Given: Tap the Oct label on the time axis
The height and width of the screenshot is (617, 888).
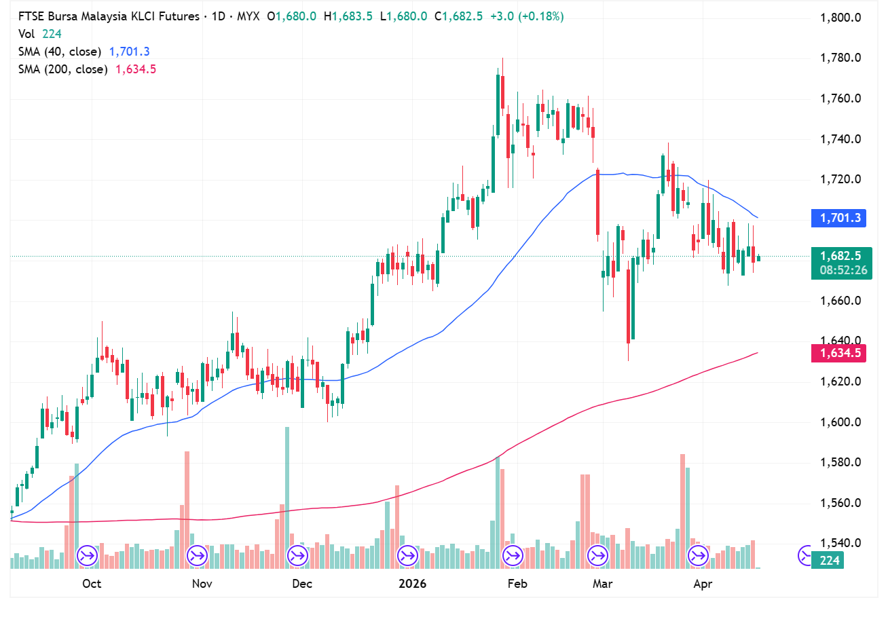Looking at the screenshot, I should point(91,584).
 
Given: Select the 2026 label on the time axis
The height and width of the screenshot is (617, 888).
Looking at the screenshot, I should point(412,584).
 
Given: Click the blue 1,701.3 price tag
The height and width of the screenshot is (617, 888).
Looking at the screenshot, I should point(839,218).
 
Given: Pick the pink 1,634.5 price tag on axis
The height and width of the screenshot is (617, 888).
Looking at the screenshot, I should point(839,353).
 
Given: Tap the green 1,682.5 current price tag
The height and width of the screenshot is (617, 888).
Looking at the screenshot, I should point(839,256).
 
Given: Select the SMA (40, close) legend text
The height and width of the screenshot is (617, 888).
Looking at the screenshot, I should point(60,52).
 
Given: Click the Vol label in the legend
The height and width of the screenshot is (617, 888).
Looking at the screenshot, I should point(26,34).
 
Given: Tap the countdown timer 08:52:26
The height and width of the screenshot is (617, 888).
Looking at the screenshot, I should point(843,270).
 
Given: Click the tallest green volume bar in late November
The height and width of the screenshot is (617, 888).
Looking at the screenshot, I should point(287,496).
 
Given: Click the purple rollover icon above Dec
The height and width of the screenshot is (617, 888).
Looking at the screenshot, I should point(297,556).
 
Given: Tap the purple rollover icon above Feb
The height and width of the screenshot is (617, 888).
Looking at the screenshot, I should point(512,556).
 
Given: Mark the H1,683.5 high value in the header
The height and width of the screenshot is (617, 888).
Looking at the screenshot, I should point(348,16).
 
